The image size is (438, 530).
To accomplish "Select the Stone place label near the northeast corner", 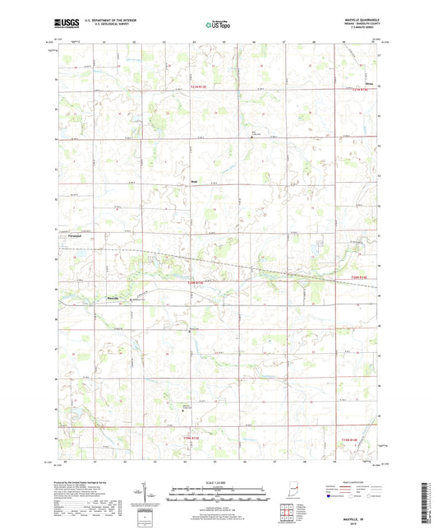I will pos(368,83).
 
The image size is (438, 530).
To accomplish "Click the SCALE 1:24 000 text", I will pos(219,483).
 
